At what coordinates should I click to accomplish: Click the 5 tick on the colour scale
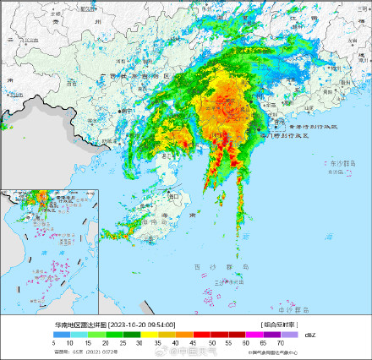point(54,343)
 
